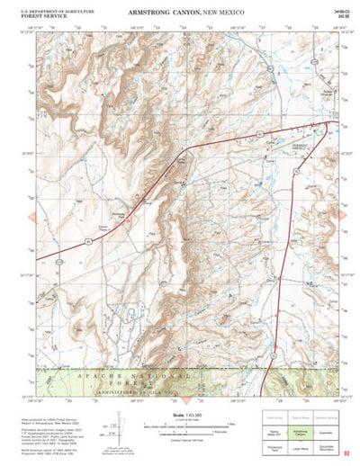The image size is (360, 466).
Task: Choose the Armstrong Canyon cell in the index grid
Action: tap(300, 434)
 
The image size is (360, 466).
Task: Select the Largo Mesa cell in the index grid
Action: tap(300, 447)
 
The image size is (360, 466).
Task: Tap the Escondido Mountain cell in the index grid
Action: tap(327, 447)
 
